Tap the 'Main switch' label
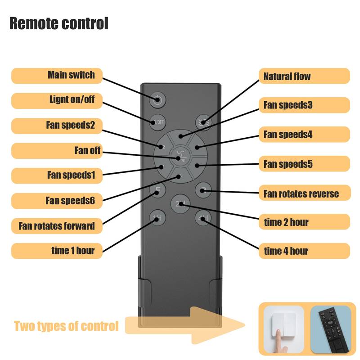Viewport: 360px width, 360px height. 57,75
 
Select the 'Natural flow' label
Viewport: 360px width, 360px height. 304,76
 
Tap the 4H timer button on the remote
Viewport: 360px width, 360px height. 202,219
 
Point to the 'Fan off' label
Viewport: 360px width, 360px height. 57,150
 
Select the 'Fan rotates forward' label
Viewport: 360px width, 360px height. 57,225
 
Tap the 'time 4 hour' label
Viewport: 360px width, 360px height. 304,251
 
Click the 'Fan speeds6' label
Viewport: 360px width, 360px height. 57,200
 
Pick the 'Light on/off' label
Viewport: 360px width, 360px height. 57,100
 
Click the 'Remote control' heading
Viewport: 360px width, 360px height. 59,23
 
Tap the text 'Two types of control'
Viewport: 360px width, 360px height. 66,325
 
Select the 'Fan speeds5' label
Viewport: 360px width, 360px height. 304,164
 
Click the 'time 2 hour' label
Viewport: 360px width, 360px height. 304,222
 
